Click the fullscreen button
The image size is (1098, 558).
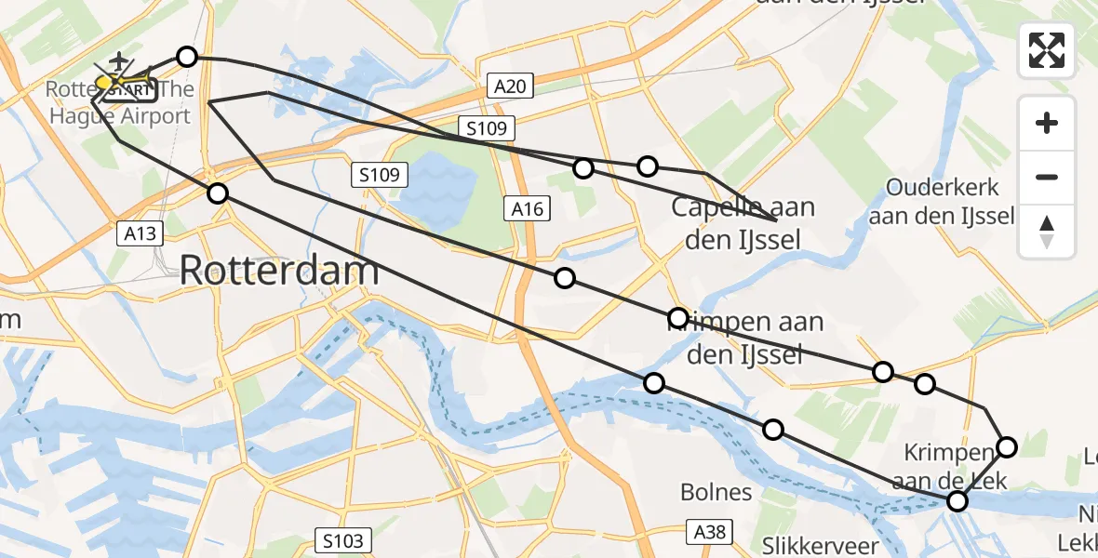(x=1047, y=50)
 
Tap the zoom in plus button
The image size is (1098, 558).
(x=1047, y=123)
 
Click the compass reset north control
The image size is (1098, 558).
(x=1047, y=232)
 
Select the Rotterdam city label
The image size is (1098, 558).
(x=279, y=271)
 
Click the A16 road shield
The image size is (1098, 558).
(x=526, y=208)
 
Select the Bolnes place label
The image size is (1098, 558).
(x=716, y=492)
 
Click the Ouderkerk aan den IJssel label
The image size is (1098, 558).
(x=944, y=202)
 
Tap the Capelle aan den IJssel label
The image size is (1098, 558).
(x=743, y=224)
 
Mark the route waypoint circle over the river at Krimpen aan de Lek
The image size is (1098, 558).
(x=957, y=501)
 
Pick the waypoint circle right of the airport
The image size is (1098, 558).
(x=187, y=58)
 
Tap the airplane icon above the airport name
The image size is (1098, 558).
(x=118, y=62)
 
